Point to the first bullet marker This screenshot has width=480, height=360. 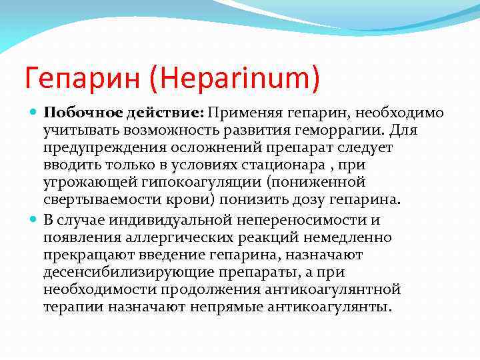(33, 113)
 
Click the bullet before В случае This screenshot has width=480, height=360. (33, 221)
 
